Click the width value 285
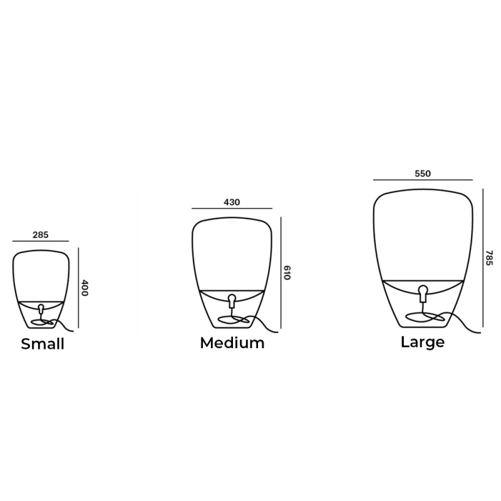pos(41,235)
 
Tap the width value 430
pos(232,202)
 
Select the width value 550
pos(423,173)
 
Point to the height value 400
pos(85,287)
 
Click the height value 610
pos(287,272)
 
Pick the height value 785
pos(489,257)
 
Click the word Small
pos(43,344)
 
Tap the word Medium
pos(232,343)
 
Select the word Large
pos(423,342)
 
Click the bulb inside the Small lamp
pos(41,309)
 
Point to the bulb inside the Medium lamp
pos(232,300)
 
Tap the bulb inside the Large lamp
pos(423,292)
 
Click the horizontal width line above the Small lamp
pos(41,242)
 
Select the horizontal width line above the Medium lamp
pos(232,209)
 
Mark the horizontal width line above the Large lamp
pos(423,180)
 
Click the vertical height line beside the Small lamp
pos(78,287)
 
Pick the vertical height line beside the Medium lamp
pos(281,272)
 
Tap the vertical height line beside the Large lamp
pos(483,257)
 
